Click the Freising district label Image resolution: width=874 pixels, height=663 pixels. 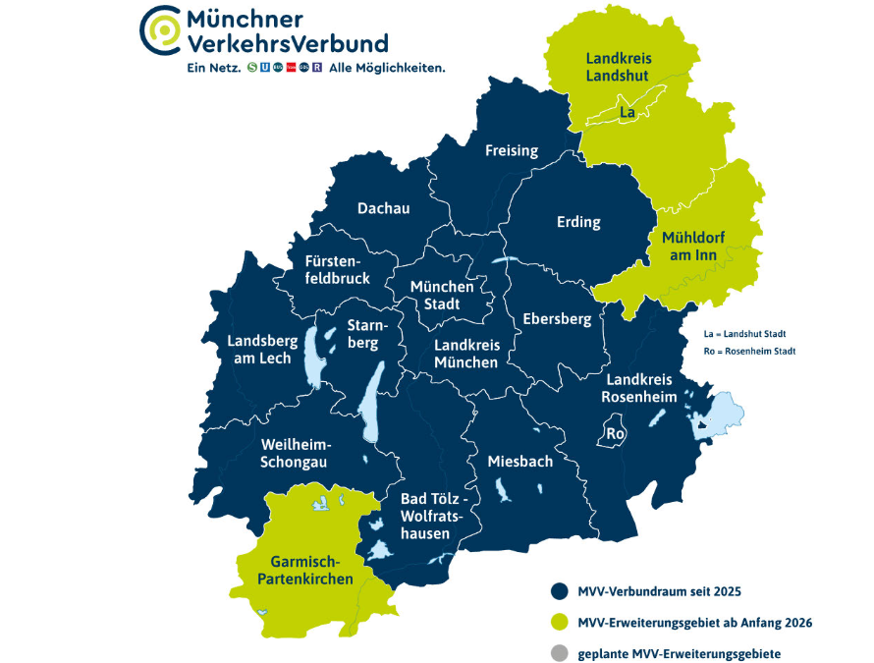[x=512, y=150]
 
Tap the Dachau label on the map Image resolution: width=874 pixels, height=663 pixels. [x=383, y=208]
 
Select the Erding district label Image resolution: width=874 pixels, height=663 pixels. [x=578, y=222]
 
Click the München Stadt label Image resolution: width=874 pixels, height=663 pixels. [x=442, y=295]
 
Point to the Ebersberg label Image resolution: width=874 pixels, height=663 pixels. [x=557, y=319]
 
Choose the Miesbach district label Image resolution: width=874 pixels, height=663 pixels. [x=520, y=461]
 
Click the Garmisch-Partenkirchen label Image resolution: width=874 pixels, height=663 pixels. [x=304, y=571]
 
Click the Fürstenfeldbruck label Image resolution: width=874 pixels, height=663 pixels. [x=337, y=270]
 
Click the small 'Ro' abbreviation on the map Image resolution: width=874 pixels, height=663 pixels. [x=616, y=433]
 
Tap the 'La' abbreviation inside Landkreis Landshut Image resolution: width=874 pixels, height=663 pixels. [x=627, y=113]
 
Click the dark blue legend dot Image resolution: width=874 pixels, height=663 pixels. [x=559, y=591]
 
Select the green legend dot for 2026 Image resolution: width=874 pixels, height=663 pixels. [x=559, y=622]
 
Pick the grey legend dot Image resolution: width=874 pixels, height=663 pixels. [x=559, y=652]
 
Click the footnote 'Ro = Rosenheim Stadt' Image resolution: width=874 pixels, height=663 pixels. [x=749, y=351]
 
